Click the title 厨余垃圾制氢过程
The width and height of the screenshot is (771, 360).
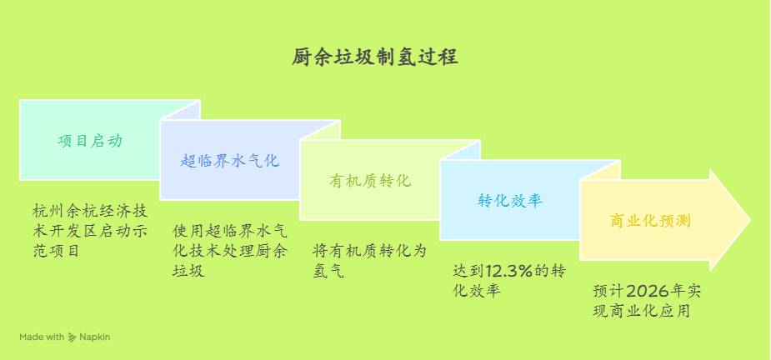375,57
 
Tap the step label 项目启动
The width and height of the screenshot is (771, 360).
90,141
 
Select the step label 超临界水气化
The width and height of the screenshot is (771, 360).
230,161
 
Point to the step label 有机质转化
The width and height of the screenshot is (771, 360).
370,181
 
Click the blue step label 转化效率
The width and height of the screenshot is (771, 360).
510,201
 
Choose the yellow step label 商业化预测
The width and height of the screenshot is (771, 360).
650,221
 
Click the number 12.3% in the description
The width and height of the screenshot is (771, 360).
509,271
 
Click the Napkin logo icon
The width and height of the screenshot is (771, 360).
72,337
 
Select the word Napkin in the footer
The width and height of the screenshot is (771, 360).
95,337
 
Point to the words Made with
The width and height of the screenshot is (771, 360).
42,337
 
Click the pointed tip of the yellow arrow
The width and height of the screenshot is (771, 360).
750,220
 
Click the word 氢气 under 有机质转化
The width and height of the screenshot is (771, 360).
328,271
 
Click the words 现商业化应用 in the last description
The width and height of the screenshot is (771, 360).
641,311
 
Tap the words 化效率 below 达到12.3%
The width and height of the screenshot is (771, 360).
477,291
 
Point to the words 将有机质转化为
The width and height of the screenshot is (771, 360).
369,252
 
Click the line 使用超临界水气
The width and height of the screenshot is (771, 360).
229,231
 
